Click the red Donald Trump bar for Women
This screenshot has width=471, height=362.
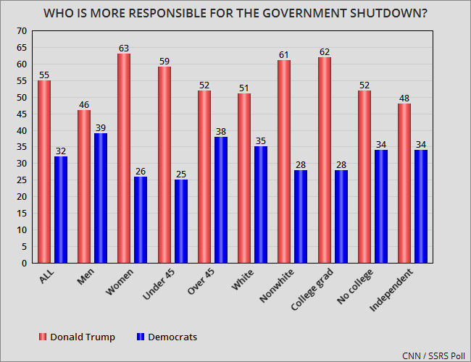(x=124, y=159)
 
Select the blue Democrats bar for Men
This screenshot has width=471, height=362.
(x=101, y=198)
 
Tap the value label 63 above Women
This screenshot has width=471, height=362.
(x=124, y=49)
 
